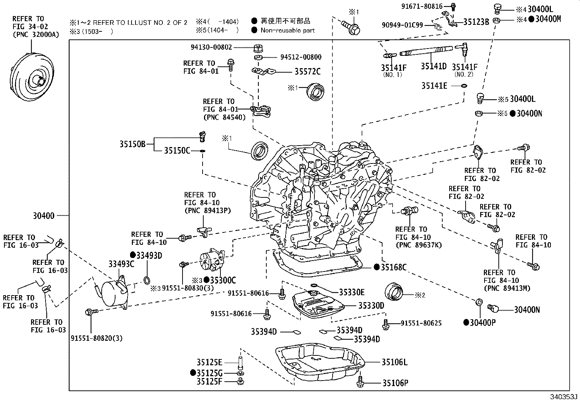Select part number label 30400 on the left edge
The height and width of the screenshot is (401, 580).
[x=44, y=216]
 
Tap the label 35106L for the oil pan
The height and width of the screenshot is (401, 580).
[x=395, y=362]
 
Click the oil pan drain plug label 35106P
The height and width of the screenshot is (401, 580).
[x=395, y=383]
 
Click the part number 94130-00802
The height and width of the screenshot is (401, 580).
[x=211, y=47]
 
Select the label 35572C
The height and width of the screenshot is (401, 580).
[x=307, y=72]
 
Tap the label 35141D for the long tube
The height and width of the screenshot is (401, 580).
[x=434, y=66]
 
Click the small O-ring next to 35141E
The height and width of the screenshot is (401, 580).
[x=464, y=86]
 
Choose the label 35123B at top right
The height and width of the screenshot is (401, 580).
[x=476, y=22]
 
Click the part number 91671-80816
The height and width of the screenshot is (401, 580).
[x=422, y=6]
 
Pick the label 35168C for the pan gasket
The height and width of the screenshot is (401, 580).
[x=393, y=267]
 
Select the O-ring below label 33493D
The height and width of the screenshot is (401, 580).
[x=146, y=280]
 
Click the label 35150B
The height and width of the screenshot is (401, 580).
[x=133, y=144]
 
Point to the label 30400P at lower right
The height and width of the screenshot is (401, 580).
[x=483, y=323]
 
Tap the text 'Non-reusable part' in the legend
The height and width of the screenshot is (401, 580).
[x=287, y=30]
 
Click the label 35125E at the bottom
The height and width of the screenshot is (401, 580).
[x=209, y=362]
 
